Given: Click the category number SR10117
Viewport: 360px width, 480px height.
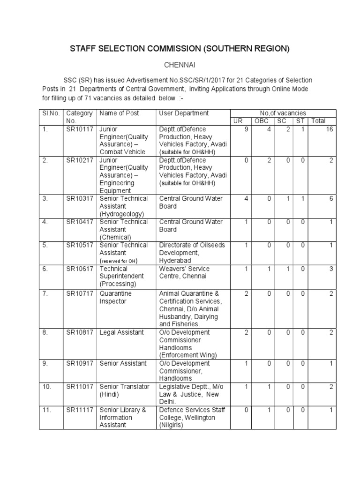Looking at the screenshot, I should pos(79,129).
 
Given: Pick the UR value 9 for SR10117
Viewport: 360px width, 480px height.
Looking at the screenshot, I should pos(246,129).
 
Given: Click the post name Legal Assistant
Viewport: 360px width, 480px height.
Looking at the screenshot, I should pos(121,332).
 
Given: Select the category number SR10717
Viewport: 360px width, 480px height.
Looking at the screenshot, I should pos(79,293).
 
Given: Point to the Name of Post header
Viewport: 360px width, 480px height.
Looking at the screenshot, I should pos(119,113).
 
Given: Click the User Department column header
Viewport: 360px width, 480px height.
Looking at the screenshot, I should pos(184,113).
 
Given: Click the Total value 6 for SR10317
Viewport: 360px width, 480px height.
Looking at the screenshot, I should pos(330,199).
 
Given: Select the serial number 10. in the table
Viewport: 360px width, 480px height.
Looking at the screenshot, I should pos(45,387).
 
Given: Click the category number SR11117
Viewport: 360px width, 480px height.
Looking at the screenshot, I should pos(79,410).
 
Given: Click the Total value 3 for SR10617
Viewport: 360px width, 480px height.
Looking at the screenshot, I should pos(330,269).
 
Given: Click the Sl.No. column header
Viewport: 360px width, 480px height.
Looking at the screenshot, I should pos(48,113).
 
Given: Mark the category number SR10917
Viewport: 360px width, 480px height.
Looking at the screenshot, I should pos(79,363).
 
